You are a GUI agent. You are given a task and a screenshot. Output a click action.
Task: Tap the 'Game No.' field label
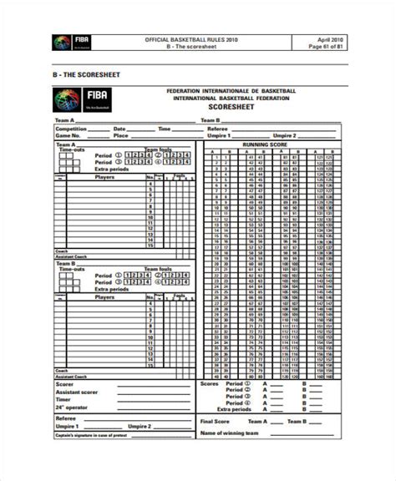(69, 135)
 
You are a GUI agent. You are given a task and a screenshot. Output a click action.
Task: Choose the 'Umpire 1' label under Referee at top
(220, 135)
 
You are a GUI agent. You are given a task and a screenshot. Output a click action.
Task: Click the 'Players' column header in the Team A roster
(105, 177)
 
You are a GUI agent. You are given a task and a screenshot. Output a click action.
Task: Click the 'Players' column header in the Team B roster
(105, 296)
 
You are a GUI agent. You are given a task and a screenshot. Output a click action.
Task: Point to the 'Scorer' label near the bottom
(65, 384)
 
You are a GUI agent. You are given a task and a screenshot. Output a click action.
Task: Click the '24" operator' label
(72, 406)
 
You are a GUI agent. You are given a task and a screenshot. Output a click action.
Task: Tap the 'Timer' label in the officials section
(63, 398)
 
